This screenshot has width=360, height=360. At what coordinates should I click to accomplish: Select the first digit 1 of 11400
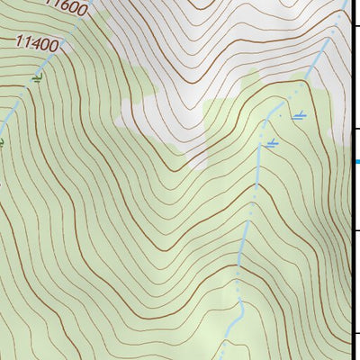pyautogui.click(x=20, y=39)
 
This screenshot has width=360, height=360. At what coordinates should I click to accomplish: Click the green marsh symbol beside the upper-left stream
pyautogui.click(x=36, y=79)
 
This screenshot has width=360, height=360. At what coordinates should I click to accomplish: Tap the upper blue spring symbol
pyautogui.click(x=300, y=115)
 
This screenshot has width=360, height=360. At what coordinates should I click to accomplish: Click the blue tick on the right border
pyautogui.click(x=356, y=162)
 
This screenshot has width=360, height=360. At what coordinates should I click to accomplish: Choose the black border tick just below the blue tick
pyautogui.click(x=356, y=231)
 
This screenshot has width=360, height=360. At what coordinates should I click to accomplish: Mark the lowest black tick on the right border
pyautogui.click(x=356, y=334)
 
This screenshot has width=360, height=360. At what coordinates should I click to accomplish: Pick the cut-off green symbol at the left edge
pyautogui.click(x=2, y=141)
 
